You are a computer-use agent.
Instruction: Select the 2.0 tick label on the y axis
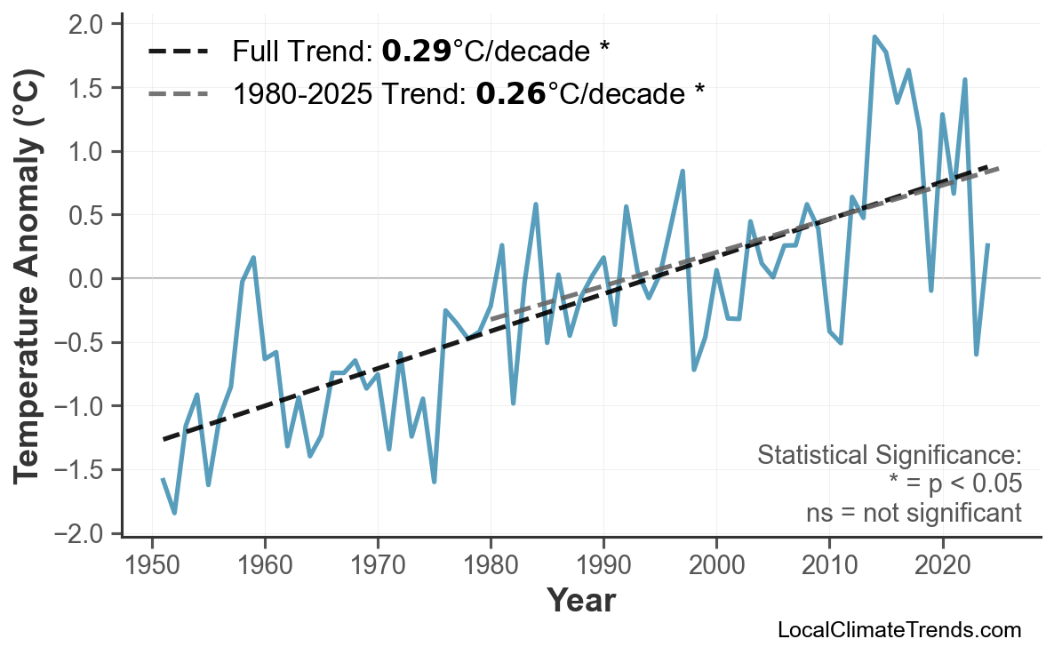84,24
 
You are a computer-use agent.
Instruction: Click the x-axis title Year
580,601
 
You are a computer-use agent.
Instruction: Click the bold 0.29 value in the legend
416,52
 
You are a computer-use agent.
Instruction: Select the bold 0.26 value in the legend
510,92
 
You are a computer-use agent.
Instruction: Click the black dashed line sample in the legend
178,52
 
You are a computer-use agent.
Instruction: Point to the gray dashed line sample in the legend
178,92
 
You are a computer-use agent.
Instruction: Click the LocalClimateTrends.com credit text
898,631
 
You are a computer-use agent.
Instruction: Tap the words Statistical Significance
889,456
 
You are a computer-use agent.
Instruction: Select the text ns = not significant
914,514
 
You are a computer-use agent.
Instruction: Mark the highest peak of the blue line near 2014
874,36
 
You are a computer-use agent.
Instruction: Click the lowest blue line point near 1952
174,513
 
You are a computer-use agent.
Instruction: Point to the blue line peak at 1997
683,171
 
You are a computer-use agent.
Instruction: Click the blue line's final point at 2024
987,244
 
